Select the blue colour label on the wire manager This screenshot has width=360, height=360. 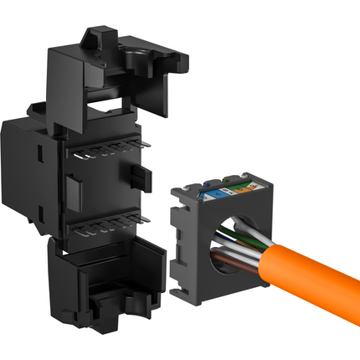pyautogui.click(x=213, y=191)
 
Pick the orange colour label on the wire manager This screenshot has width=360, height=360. pyautogui.click(x=242, y=188)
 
